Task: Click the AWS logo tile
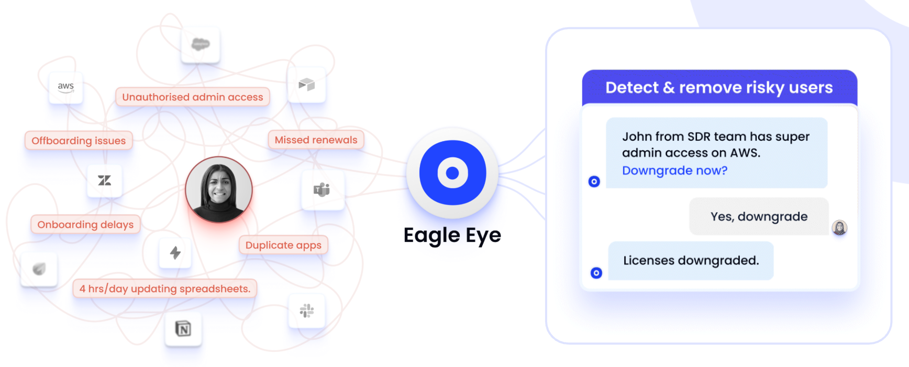(66, 87)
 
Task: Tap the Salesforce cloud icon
(200, 44)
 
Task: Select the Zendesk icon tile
(105, 180)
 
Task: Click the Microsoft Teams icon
(322, 190)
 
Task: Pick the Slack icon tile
(307, 311)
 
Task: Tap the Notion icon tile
(183, 329)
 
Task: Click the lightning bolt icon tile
(175, 253)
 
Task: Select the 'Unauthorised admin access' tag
(193, 97)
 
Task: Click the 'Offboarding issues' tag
(79, 141)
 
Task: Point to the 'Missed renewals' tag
(316, 140)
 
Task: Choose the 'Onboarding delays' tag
(85, 225)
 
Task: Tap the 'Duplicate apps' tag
(283, 245)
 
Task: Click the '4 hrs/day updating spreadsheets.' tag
(165, 289)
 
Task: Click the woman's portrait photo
(219, 189)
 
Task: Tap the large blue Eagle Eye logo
(452, 173)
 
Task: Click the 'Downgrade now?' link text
(674, 171)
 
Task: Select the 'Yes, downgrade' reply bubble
(759, 216)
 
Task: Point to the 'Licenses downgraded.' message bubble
(691, 260)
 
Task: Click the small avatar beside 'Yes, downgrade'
(839, 227)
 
